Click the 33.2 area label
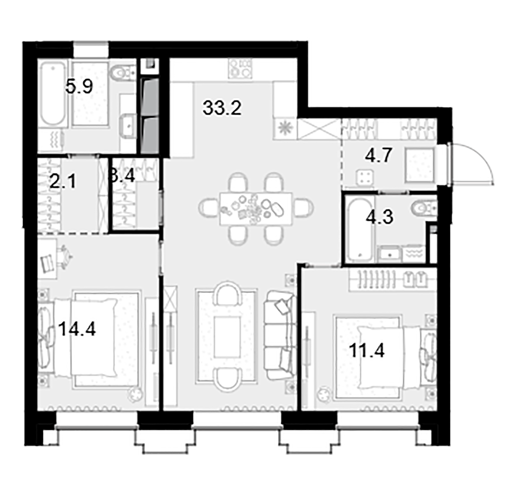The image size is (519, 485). (x=222, y=108)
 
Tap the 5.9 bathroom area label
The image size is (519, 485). (x=79, y=87)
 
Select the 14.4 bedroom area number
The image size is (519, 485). (x=77, y=330)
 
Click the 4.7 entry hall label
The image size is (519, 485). (x=378, y=155)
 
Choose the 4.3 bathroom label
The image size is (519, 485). (x=380, y=217)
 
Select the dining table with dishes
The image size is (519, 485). (x=256, y=209)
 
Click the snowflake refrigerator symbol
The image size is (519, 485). (x=285, y=129)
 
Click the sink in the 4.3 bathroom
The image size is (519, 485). (x=390, y=254)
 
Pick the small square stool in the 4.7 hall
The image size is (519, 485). (x=365, y=177)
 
